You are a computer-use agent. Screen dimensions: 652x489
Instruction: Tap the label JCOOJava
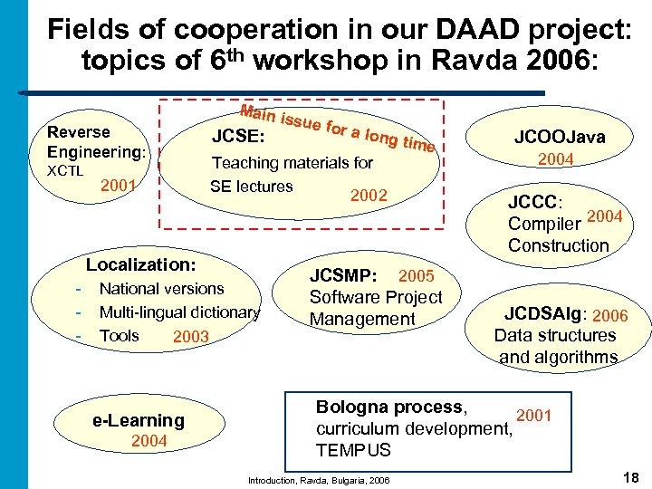[560, 138]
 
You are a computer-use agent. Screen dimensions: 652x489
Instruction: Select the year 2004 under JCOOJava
[557, 160]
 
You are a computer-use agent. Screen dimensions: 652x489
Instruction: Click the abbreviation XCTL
[65, 170]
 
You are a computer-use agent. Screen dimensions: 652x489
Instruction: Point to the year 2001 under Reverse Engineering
[118, 187]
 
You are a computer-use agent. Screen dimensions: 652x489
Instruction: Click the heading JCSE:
[237, 138]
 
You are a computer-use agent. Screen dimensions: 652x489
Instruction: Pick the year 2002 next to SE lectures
[369, 196]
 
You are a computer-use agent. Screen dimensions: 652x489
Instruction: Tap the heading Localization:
[140, 265]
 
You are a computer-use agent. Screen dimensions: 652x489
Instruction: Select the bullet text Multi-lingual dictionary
[179, 312]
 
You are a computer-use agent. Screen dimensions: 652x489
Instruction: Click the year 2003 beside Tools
[190, 337]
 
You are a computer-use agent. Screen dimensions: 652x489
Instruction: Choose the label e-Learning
[139, 420]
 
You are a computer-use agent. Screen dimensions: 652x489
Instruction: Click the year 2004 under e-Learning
[149, 441]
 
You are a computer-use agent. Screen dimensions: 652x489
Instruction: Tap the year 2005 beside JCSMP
[416, 276]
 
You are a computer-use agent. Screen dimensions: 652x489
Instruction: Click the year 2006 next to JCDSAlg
[609, 315]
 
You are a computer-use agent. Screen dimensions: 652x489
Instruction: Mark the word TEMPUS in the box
[353, 450]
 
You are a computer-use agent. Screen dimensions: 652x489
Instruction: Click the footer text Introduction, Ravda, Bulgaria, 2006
[318, 480]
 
